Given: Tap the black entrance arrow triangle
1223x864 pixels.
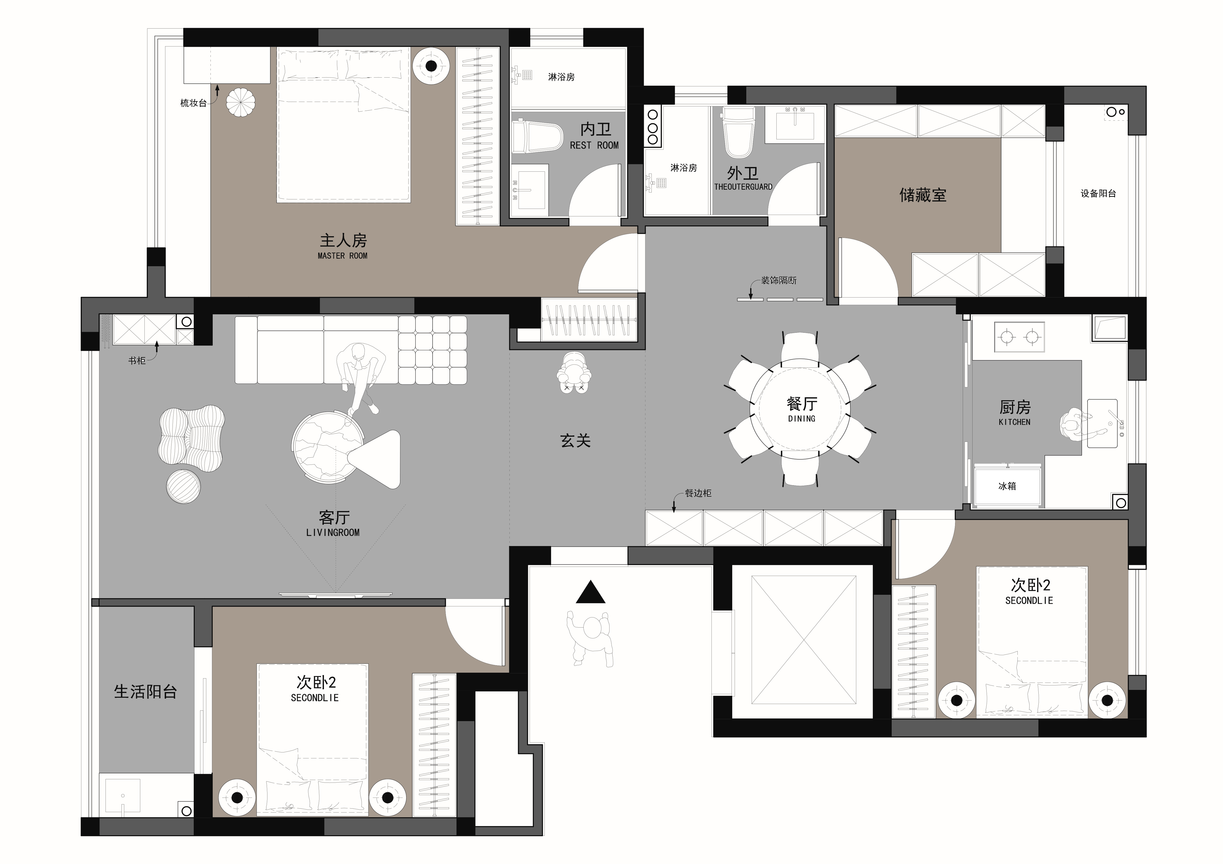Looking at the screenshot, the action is (590, 592).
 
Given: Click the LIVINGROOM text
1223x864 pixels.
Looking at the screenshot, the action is (333, 532).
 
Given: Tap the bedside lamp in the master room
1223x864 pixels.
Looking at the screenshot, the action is (431, 66).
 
